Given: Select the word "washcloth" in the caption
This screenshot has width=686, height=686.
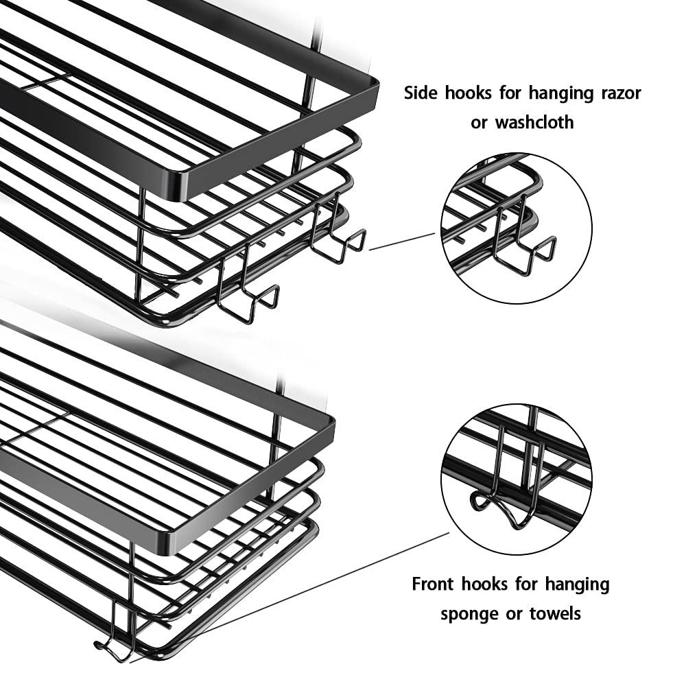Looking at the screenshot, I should [x=534, y=123].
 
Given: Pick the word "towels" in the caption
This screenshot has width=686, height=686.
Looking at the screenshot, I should [x=555, y=613].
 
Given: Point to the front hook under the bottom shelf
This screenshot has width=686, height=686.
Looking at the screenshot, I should [x=113, y=645].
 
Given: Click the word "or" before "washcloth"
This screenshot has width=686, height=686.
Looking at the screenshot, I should [x=480, y=123].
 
